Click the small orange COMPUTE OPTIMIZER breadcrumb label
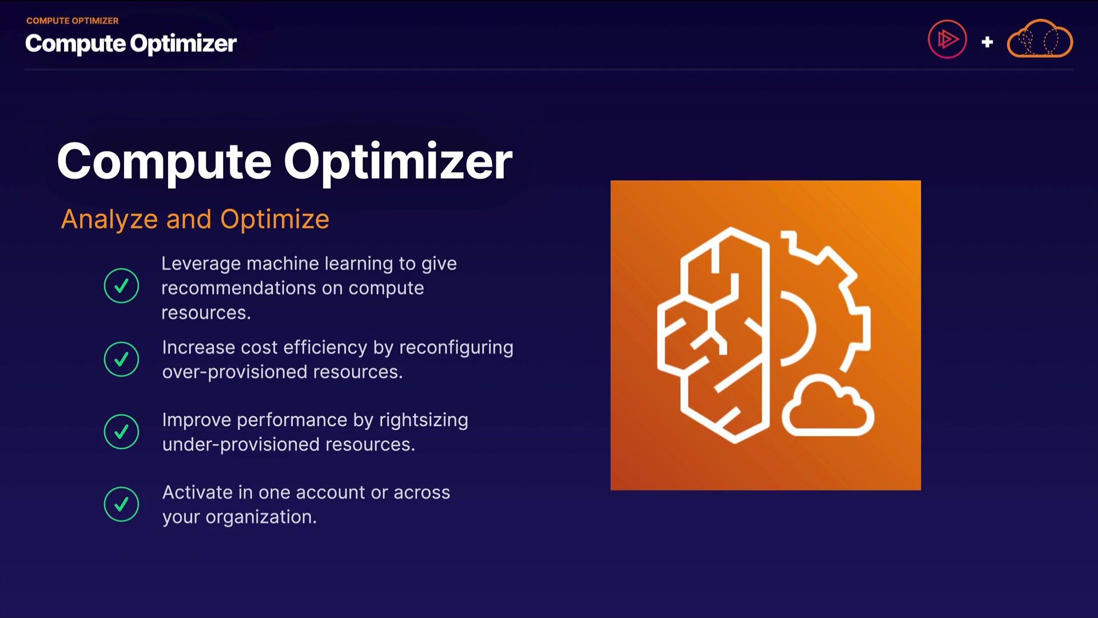[73, 21]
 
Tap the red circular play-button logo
[947, 39]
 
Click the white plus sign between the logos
[987, 42]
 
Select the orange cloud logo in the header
[1040, 38]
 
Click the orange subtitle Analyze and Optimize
[195, 219]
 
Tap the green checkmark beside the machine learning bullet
[121, 286]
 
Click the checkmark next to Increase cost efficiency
[121, 359]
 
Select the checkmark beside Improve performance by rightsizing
[121, 431]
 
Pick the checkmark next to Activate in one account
[121, 504]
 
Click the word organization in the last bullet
[261, 517]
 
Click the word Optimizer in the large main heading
[398, 162]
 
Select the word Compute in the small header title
[75, 44]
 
